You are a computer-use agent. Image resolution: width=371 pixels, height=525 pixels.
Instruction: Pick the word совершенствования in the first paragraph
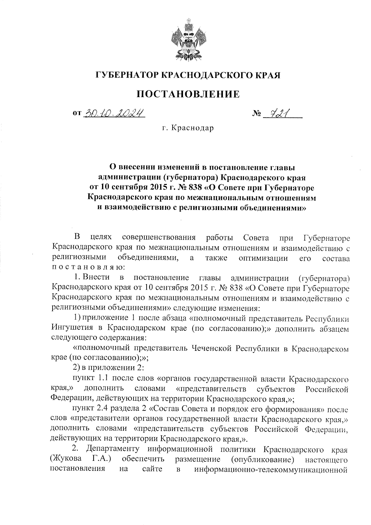[159, 238]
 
